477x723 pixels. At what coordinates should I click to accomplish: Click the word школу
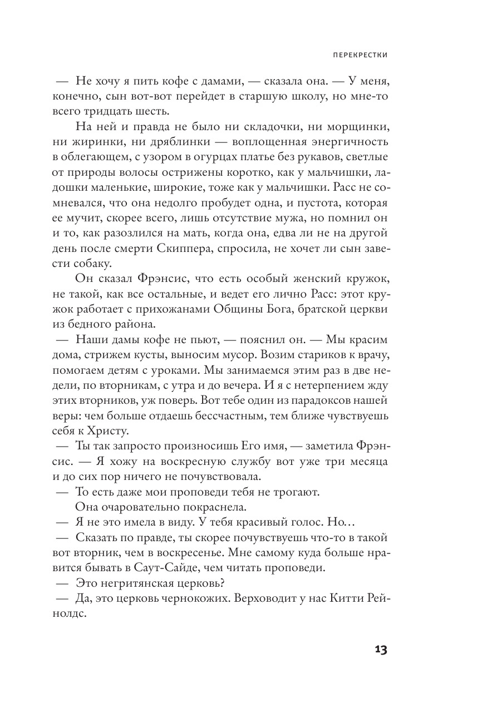tap(294, 96)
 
